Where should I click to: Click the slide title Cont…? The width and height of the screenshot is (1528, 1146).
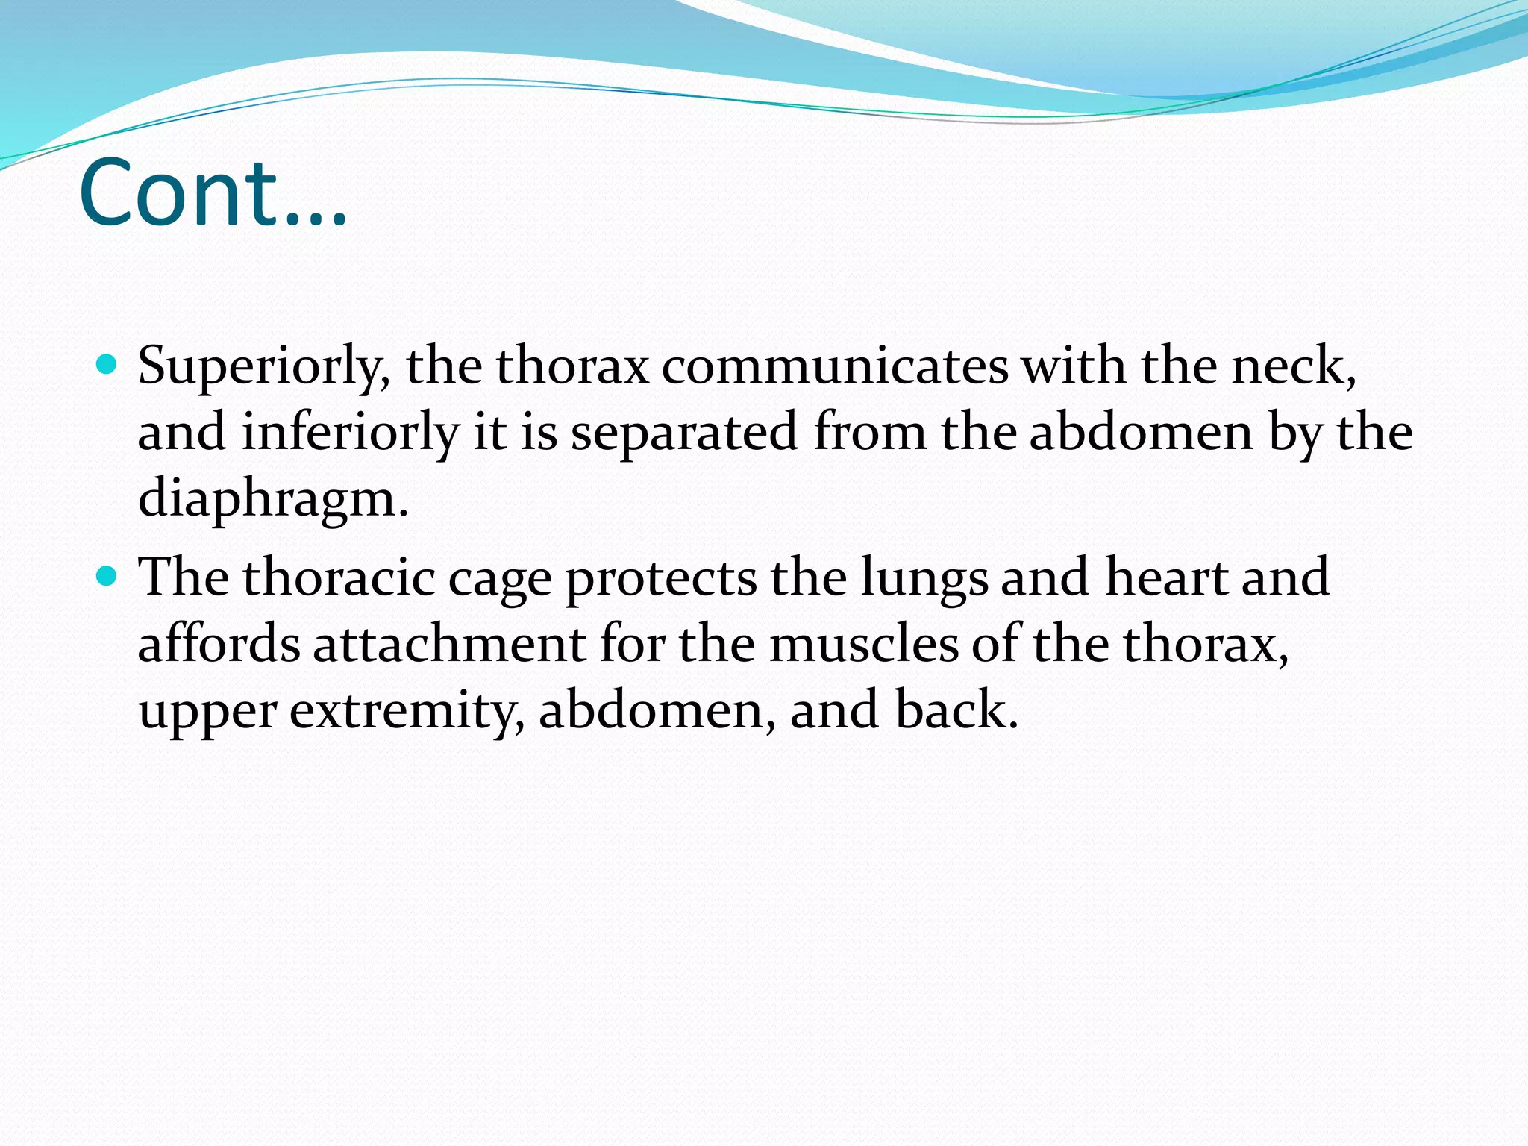tap(213, 192)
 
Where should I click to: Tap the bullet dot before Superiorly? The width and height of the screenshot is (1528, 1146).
tap(107, 365)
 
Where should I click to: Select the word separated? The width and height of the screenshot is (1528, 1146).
tap(684, 433)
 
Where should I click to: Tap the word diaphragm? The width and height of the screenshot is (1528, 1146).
tap(272, 499)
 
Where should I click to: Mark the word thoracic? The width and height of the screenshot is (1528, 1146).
tap(339, 578)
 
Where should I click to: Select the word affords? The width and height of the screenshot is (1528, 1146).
tap(219, 644)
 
